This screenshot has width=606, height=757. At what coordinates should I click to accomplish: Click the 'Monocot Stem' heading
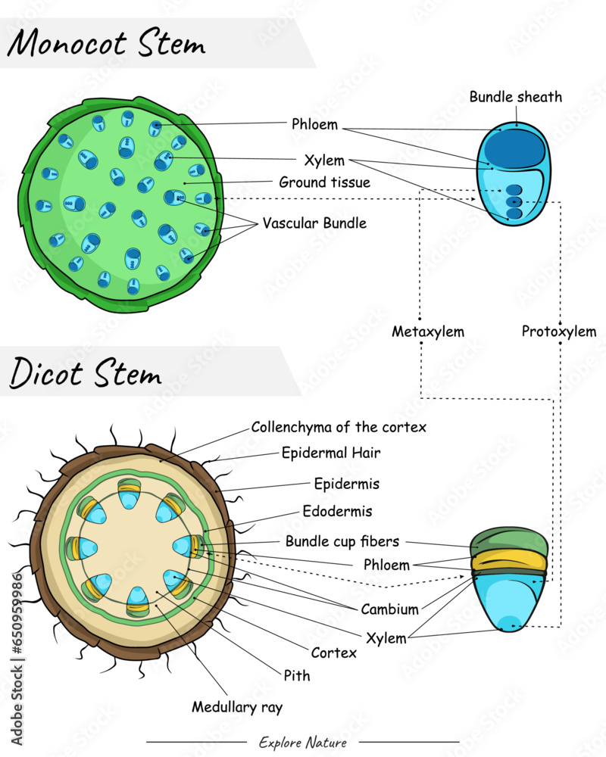tap(106, 44)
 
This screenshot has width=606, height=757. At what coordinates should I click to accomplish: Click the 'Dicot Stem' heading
tap(85, 373)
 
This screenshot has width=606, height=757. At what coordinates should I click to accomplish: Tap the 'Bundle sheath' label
tap(515, 97)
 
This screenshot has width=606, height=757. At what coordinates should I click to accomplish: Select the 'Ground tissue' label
tap(324, 182)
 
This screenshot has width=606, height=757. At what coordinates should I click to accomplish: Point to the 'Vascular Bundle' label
tap(314, 223)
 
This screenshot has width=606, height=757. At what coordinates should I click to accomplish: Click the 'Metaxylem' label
tap(428, 332)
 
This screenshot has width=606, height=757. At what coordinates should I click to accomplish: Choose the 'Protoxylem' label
tap(559, 332)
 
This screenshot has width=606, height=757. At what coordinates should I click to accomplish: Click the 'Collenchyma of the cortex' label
tap(339, 427)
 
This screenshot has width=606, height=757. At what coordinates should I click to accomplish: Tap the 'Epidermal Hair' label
tap(331, 453)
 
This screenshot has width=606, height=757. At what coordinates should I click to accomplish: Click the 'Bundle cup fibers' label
tap(342, 541)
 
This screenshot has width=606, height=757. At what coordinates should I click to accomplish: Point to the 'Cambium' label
tap(389, 609)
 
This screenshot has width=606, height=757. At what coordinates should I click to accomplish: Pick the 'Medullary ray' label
tap(236, 708)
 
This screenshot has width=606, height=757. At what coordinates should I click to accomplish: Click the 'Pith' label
tap(297, 675)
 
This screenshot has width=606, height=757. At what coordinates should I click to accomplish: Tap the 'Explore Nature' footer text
tap(303, 743)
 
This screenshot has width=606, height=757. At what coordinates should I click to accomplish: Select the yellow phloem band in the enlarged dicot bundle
tap(509, 560)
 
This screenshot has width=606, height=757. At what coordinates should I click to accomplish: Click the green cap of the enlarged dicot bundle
tap(509, 543)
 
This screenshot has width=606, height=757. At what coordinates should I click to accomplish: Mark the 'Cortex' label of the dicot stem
tap(333, 653)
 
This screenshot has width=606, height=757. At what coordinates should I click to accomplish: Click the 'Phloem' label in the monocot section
tap(314, 125)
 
